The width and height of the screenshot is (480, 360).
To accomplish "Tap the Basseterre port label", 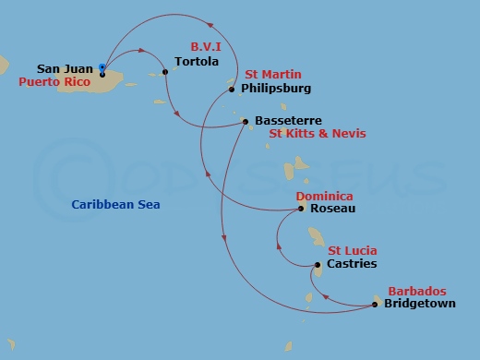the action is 289,121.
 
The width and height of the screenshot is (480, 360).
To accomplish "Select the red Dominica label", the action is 323,196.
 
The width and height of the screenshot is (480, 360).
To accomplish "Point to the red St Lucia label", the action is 352,250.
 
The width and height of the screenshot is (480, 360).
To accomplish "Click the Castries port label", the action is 351,264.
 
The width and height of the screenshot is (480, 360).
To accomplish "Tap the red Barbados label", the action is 415,290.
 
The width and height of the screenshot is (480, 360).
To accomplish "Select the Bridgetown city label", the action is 419,303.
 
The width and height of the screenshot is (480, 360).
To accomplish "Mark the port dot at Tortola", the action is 164,71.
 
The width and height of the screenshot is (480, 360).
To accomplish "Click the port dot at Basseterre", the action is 245,121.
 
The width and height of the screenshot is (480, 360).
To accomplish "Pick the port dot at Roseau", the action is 302,209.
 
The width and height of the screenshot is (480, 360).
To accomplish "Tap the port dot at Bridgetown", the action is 375,303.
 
